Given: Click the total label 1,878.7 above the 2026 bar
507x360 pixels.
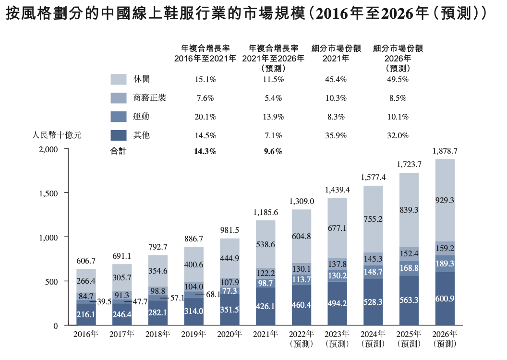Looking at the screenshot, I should (x=445, y=151).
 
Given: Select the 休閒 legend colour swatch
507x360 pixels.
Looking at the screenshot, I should (x=119, y=79).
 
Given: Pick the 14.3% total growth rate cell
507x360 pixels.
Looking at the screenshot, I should (x=205, y=152).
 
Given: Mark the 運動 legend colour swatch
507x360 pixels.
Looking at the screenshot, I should (x=119, y=117).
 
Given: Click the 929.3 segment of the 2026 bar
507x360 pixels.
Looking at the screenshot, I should (x=445, y=201).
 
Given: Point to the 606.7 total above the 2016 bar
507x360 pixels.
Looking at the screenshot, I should (x=86, y=261).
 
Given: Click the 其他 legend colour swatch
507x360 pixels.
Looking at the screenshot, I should (x=119, y=135).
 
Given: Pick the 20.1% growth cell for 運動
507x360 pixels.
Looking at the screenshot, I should (x=205, y=117).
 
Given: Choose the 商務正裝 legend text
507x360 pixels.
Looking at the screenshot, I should (x=150, y=98).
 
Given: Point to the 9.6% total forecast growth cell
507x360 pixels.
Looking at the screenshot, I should (x=273, y=152).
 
